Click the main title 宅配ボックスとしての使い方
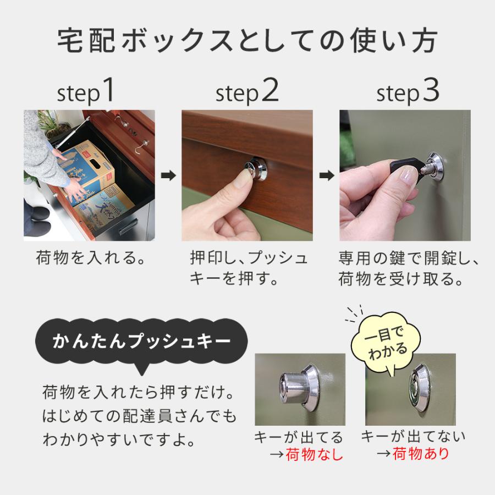pos(248,41)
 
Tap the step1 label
pos(86,92)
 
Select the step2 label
pos(247,92)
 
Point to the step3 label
pos(408,92)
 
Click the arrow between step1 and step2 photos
pos(168,176)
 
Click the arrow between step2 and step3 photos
pos(326,176)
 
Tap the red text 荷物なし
pos(314,455)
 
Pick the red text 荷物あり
pos(421,454)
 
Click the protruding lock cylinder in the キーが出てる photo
pos(295,382)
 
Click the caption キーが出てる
pos(299,438)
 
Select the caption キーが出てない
pos(413,437)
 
